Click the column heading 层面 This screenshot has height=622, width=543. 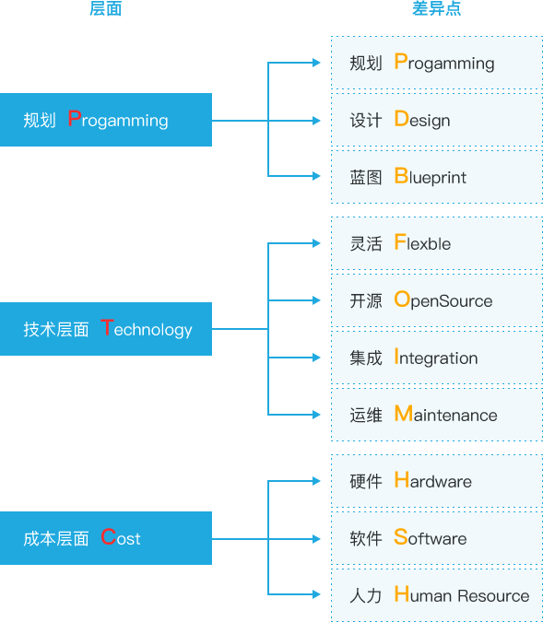point(105,8)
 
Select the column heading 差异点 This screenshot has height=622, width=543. point(436,8)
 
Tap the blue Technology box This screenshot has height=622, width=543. point(106,329)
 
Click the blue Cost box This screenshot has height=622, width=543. point(106,538)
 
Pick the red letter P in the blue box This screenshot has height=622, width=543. point(75,118)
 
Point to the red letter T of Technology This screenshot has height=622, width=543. point(107,327)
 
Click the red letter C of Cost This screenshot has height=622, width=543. point(108,536)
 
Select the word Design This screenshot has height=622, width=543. point(422,120)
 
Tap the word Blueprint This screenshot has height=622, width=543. point(431,177)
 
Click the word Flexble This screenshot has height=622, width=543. point(423,242)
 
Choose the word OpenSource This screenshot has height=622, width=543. point(443,300)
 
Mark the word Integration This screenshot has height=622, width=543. point(436,358)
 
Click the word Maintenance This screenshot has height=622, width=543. point(446,414)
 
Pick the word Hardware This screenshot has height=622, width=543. point(433,480)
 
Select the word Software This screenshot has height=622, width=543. point(431,537)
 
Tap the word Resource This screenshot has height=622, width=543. point(493,594)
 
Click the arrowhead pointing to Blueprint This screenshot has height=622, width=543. point(316,176)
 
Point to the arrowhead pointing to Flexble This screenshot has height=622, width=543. point(316,242)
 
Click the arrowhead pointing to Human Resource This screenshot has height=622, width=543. point(316,593)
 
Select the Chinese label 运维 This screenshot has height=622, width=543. point(366,415)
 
